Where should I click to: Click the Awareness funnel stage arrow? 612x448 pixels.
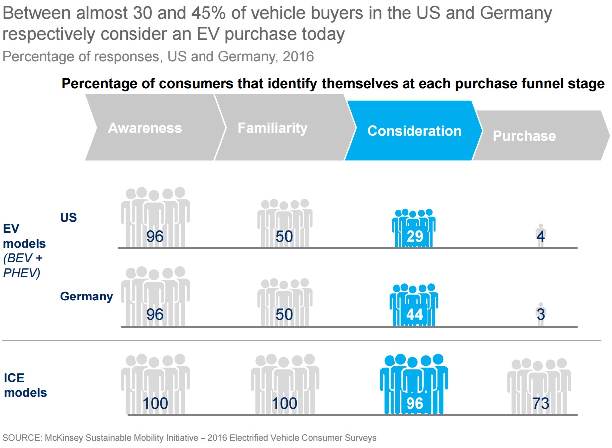pos(145,128)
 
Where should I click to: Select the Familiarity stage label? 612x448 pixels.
pos(272,128)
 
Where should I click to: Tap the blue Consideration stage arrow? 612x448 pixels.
pos(414,131)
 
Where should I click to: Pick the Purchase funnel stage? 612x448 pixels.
pos(524,136)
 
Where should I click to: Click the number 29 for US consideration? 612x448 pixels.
pos(414,236)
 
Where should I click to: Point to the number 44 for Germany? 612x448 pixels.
pos(414,314)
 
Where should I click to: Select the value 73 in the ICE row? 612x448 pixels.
pos(541,403)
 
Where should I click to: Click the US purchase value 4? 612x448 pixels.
pos(541,236)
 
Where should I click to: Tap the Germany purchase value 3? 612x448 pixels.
pos(541,314)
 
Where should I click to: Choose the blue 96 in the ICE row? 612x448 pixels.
pos(414,403)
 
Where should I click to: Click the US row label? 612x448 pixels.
pos(69,218)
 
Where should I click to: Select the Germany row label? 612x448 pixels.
pos(86,297)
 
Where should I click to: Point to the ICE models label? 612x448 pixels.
pos(25,385)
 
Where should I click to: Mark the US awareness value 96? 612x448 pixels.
pos(155,236)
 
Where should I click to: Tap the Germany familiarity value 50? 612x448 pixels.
pos(284,314)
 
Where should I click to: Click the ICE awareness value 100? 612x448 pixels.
pos(155,403)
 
